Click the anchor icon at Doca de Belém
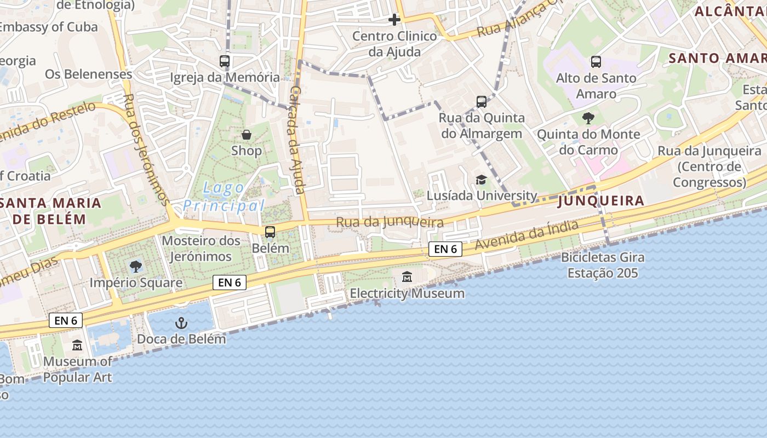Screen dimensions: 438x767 click(181, 323)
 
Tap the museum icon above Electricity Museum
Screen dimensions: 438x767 click(407, 277)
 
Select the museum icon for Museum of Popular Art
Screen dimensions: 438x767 click(77, 345)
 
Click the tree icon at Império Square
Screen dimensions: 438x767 click(136, 267)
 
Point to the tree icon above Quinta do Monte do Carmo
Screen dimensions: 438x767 click(588, 118)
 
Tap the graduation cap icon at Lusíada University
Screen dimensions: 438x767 click(481, 180)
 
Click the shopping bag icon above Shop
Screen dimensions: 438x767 click(247, 134)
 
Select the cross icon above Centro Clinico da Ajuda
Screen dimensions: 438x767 click(394, 20)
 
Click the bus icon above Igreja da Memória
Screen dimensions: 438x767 click(225, 61)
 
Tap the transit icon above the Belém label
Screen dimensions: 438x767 click(270, 232)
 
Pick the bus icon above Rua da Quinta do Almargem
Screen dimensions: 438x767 click(482, 101)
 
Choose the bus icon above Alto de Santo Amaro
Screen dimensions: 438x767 click(596, 62)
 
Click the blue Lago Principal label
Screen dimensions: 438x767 click(224, 197)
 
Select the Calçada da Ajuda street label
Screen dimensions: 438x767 click(296, 140)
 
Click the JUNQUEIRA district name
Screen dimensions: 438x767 click(600, 201)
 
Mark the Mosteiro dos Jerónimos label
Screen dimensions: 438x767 click(201, 248)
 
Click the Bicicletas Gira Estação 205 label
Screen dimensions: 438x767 click(603, 265)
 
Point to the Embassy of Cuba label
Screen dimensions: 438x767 click(48, 27)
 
